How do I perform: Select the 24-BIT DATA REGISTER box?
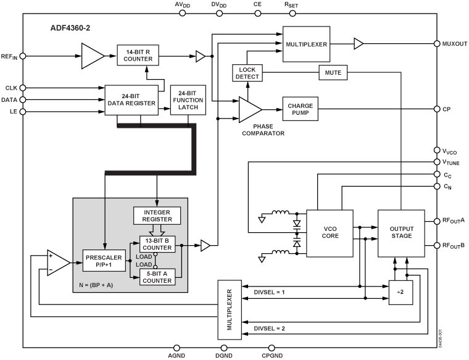[x=131, y=99]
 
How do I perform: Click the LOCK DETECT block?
[x=247, y=72]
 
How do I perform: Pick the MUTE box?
[x=334, y=73]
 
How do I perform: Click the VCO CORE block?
[x=331, y=233]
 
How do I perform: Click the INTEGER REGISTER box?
[x=157, y=216]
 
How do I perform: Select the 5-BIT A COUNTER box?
[x=157, y=277]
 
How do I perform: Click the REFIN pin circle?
[x=23, y=56]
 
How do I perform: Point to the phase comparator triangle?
[x=249, y=109]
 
